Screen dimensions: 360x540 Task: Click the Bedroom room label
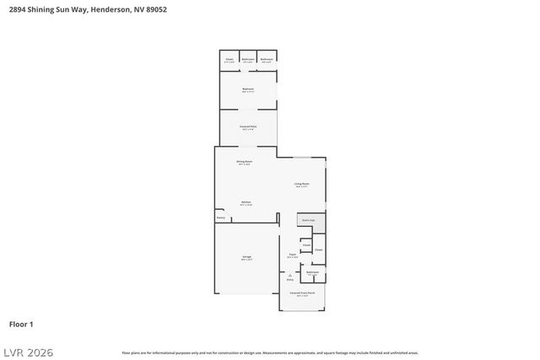(248, 89)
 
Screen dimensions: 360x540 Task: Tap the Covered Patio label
(248, 127)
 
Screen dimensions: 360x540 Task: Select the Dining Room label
(245, 161)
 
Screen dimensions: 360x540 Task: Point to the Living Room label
(301, 184)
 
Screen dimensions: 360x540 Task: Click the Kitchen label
(246, 202)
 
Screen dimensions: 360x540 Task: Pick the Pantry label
(220, 218)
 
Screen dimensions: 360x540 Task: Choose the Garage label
(246, 257)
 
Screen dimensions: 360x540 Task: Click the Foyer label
(292, 254)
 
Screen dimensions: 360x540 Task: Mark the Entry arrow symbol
(289, 275)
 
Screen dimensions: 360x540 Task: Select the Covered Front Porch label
(302, 293)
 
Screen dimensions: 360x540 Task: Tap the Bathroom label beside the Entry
(312, 272)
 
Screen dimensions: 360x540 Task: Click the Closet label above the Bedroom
(229, 59)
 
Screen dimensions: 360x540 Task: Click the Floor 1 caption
(21, 324)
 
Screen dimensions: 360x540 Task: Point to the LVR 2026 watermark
(27, 352)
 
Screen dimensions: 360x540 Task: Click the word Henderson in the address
(109, 9)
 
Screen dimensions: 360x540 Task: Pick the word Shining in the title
(44, 9)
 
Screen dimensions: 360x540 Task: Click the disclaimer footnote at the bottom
(270, 352)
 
